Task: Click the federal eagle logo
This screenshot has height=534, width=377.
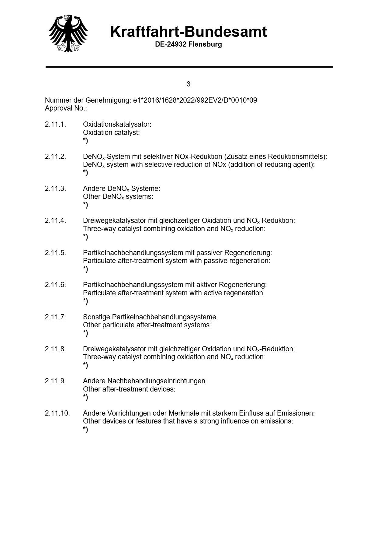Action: (x=68, y=33)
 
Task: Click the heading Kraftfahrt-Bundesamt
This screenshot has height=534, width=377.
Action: (x=188, y=32)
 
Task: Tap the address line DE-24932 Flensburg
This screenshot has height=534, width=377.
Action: (x=188, y=44)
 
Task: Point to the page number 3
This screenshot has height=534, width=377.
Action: (x=188, y=84)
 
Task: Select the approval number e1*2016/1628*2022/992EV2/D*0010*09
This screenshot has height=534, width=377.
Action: (x=195, y=100)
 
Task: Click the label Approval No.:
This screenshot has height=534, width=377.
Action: (x=66, y=108)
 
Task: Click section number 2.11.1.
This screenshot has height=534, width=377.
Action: (x=55, y=125)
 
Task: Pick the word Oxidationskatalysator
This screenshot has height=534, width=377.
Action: (x=117, y=125)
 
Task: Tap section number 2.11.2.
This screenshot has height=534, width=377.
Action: (x=55, y=157)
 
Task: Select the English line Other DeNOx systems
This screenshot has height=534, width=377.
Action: (x=118, y=197)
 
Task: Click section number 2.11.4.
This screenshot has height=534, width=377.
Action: (x=55, y=221)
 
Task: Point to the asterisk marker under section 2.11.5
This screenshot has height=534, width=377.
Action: (x=85, y=269)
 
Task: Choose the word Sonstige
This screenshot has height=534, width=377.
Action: (x=96, y=317)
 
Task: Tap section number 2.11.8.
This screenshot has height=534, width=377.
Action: (x=55, y=349)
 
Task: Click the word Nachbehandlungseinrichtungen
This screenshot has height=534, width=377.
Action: (x=157, y=381)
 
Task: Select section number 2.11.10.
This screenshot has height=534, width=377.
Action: (x=57, y=413)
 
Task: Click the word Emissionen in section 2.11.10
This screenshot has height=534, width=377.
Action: (x=296, y=413)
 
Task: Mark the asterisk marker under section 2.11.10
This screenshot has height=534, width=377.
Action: (x=85, y=430)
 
